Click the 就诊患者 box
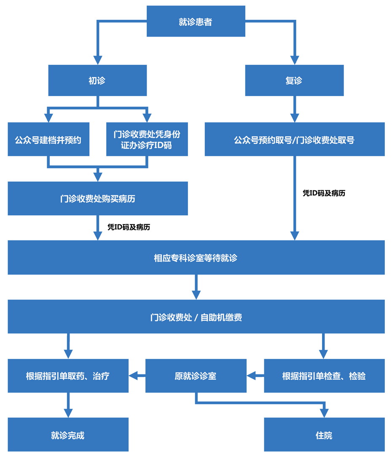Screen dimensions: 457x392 coord(196,21)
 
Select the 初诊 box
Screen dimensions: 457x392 coord(97,80)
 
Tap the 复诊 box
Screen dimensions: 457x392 coord(294,80)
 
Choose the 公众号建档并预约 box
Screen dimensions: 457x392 coord(48,139)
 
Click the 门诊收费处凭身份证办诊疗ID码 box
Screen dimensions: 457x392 coord(147,139)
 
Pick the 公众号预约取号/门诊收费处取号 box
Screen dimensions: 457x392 coord(294,139)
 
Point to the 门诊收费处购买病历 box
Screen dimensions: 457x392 coord(97,198)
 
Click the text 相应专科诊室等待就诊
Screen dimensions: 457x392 coord(196,257)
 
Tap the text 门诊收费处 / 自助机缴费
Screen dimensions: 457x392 coord(196,317)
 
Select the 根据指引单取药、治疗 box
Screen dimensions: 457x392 coord(68,376)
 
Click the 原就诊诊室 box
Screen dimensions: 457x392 coord(196,376)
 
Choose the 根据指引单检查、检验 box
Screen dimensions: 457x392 coord(324,376)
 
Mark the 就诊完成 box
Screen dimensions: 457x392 coord(68,435)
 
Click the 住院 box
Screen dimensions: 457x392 coord(324,435)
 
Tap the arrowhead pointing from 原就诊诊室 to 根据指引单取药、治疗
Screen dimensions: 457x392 coord(133,375)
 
